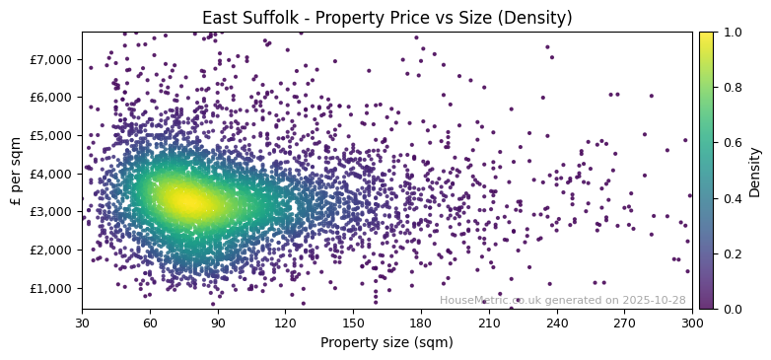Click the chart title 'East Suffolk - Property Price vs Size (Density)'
tap(386, 18)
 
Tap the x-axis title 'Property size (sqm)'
tap(386, 342)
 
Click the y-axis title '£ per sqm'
tap(16, 171)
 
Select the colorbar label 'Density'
tap(755, 171)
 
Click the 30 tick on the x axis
tap(82, 323)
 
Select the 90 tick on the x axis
tap(218, 323)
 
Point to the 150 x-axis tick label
tap(353, 323)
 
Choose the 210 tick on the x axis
tap(489, 323)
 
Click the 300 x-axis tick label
tap(692, 323)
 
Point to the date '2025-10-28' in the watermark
tap(654, 300)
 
